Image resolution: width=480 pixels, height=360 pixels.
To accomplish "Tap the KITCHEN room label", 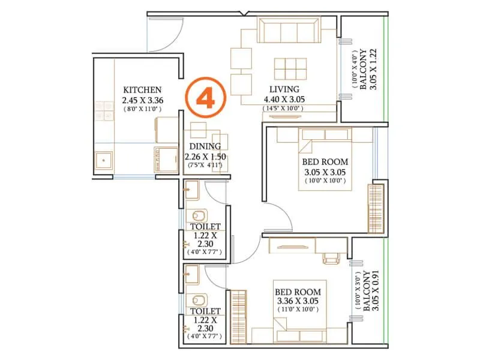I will pyautogui.click(x=142, y=89).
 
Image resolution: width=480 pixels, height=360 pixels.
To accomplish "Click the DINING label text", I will pyautogui.click(x=205, y=146).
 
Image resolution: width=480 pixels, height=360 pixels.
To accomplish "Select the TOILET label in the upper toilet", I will pyautogui.click(x=205, y=226).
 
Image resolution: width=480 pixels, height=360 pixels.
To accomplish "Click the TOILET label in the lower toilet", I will pyautogui.click(x=205, y=311).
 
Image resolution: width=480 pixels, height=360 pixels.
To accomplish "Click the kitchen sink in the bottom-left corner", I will pyautogui.click(x=106, y=160).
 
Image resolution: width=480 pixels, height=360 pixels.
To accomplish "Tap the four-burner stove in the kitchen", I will pyautogui.click(x=103, y=112).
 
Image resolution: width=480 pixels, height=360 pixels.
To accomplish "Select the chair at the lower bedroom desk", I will pyautogui.click(x=331, y=257).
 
